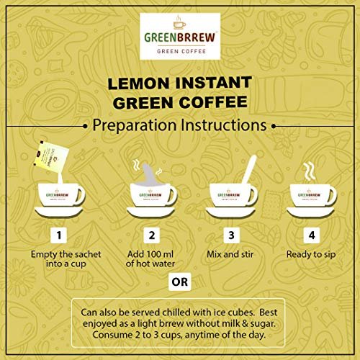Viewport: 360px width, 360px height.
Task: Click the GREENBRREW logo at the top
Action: pyautogui.click(x=180, y=36)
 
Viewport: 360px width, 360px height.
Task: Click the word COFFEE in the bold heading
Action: pyautogui.click(x=213, y=102)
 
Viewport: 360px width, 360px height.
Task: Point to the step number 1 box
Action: pyautogui.click(x=59, y=235)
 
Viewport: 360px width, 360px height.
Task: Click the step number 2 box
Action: pyautogui.click(x=151, y=235)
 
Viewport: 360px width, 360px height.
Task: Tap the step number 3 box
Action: pyautogui.click(x=231, y=235)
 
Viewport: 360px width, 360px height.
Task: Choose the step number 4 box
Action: pyautogui.click(x=312, y=235)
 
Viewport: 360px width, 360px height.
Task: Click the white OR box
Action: pyautogui.click(x=180, y=282)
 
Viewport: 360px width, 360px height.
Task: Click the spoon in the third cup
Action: pyautogui.click(x=249, y=170)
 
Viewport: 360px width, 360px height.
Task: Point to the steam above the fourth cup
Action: pyautogui.click(x=310, y=171)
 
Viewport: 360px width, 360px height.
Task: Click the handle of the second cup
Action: pyautogui.click(x=173, y=196)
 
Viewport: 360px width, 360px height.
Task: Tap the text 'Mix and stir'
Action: pyautogui.click(x=230, y=254)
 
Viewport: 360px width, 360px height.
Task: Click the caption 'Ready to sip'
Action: pyautogui.click(x=311, y=255)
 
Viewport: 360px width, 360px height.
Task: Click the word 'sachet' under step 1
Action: pyautogui.click(x=86, y=254)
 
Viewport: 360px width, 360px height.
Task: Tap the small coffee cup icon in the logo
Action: pyautogui.click(x=179, y=23)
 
